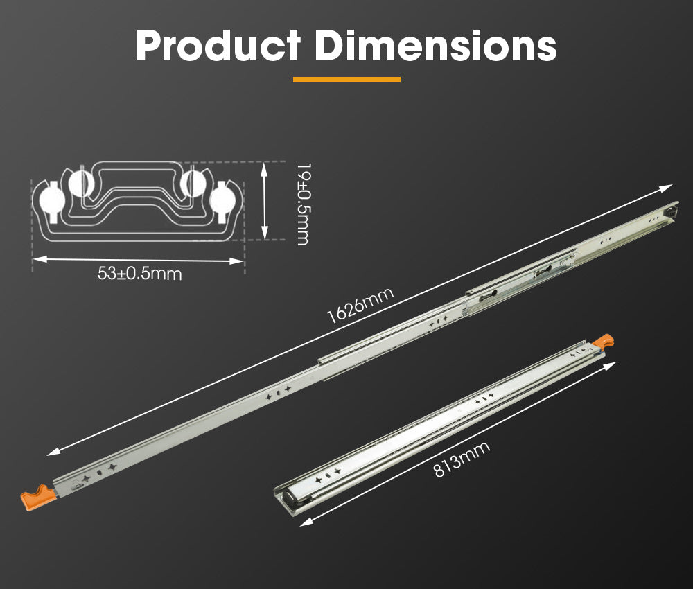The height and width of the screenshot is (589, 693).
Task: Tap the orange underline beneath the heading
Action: pyautogui.click(x=346, y=80)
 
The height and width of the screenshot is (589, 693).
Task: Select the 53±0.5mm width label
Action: pyautogui.click(x=139, y=274)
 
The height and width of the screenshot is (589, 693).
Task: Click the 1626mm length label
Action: pyautogui.click(x=360, y=305)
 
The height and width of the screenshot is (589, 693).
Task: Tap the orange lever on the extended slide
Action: pyautogui.click(x=38, y=497)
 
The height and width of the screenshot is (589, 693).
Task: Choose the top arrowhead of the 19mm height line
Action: pyautogui.click(x=265, y=166)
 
